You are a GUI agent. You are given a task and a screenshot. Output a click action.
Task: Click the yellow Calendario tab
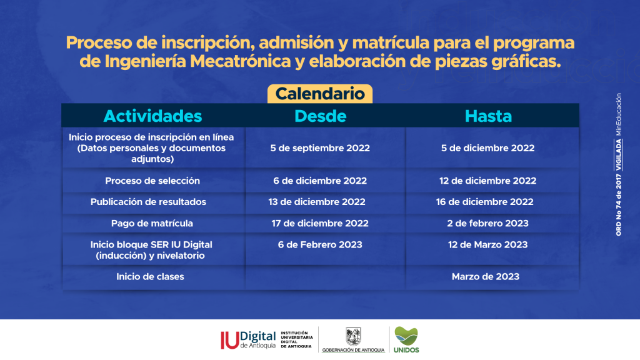(x=320, y=94)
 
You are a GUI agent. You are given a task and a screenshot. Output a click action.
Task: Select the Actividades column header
(x=152, y=116)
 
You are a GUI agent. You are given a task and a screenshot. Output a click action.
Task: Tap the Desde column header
(x=321, y=116)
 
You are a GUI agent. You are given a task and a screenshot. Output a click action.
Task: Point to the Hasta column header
(x=488, y=116)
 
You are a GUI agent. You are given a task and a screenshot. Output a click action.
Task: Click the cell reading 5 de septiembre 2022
(x=320, y=148)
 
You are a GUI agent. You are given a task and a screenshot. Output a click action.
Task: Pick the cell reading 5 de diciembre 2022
(x=487, y=148)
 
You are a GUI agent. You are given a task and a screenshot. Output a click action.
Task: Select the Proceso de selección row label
(x=152, y=181)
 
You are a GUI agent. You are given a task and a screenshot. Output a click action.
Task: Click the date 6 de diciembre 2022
(x=320, y=181)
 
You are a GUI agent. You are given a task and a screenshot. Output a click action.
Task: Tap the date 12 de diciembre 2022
(x=487, y=181)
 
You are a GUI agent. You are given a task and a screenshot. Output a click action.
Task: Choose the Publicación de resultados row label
(x=148, y=202)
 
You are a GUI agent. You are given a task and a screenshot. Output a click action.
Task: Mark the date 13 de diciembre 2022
(x=317, y=202)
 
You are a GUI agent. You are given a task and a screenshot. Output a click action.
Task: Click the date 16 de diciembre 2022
(x=484, y=202)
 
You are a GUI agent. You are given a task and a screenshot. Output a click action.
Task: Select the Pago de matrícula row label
(x=152, y=224)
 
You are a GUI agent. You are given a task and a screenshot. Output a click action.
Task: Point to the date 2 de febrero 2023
(x=487, y=224)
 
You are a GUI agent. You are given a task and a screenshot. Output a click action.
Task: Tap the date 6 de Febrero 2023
(x=320, y=245)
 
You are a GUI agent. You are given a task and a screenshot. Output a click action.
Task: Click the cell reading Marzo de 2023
(x=485, y=277)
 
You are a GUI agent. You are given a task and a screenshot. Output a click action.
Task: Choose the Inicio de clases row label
(x=150, y=277)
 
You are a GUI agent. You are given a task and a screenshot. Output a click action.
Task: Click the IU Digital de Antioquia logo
(x=267, y=340)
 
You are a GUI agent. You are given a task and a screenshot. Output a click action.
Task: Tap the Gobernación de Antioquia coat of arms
(x=354, y=336)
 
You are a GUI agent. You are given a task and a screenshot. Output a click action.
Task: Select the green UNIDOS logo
(x=406, y=339)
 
